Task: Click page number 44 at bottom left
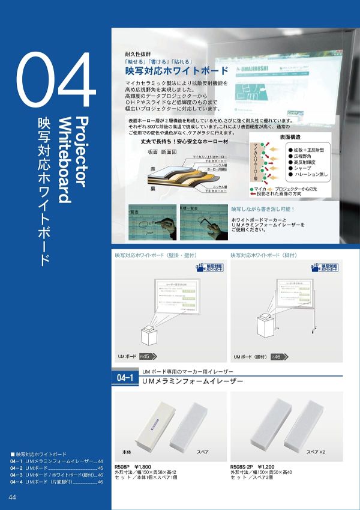(13, 497)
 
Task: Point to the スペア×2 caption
(316, 451)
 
